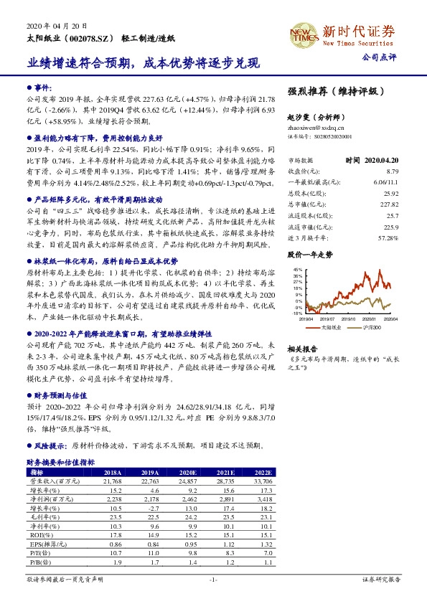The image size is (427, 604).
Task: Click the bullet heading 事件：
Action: point(44,85)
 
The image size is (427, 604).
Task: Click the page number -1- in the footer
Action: point(212,578)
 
